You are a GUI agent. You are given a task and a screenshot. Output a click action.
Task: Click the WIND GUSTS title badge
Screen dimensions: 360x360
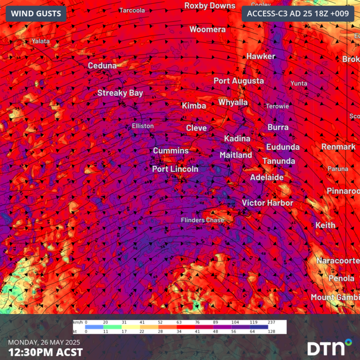pos(36,14)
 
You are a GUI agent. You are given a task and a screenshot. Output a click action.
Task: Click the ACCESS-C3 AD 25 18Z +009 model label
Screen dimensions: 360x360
pos(298,14)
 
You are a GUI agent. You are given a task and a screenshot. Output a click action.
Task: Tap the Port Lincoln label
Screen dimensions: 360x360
pos(175,169)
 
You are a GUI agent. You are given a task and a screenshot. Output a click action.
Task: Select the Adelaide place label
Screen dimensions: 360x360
pos(267,178)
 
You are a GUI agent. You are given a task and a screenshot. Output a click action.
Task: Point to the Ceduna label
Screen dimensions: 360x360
pos(102,66)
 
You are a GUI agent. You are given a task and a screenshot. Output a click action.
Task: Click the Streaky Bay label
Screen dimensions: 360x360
pos(120,93)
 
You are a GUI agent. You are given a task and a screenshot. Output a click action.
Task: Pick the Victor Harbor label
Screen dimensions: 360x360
pos(267,203)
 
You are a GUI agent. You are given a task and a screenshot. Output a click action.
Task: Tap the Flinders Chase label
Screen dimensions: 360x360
pos(202,220)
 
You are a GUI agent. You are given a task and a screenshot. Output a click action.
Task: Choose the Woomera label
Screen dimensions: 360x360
pos(207,30)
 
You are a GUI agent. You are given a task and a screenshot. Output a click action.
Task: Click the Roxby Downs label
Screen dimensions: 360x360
pos(210,6)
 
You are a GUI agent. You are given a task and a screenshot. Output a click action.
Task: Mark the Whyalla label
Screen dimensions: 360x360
pos(233,102)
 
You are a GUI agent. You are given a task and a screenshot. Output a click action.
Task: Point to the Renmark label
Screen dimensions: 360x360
pos(338,147)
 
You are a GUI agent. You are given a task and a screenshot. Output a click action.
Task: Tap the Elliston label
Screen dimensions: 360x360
pos(142,126)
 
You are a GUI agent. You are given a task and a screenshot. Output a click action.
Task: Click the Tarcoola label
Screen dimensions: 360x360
pos(132,10)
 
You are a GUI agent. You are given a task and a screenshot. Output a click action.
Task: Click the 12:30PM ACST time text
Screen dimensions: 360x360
pos(45,352)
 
